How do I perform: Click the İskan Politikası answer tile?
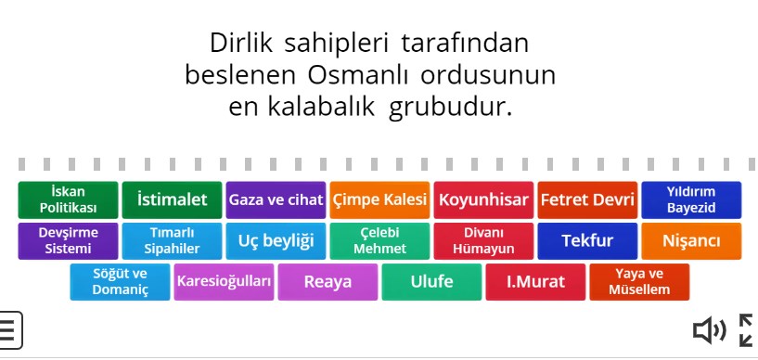(x=68, y=199)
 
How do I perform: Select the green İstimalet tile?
(x=172, y=199)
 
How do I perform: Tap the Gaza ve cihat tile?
(x=276, y=199)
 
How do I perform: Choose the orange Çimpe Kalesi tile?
(x=379, y=199)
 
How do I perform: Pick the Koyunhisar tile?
(x=483, y=199)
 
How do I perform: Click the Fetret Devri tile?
(x=587, y=199)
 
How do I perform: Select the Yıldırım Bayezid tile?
(x=691, y=199)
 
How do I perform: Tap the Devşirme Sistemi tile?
(x=68, y=241)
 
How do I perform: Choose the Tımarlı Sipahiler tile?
(x=172, y=241)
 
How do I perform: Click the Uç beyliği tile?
(x=276, y=241)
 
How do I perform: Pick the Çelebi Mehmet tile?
(x=379, y=241)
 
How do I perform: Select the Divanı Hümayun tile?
(x=483, y=241)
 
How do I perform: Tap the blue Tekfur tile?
(x=587, y=241)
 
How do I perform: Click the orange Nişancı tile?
(x=691, y=241)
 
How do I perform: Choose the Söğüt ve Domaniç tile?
(x=120, y=282)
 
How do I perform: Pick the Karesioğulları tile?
(x=224, y=282)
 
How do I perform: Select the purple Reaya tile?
(x=328, y=282)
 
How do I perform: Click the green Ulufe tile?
(x=431, y=282)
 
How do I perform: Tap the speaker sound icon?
(x=710, y=329)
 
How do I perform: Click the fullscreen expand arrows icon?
(x=746, y=329)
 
